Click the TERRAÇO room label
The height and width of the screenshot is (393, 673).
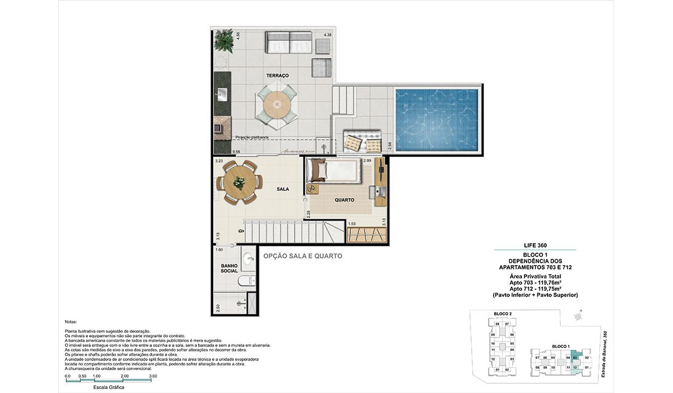(278, 75)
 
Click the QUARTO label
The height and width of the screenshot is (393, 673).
(344, 199)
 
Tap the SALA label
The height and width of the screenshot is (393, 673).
(283, 189)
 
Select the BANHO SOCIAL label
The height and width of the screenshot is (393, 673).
(229, 268)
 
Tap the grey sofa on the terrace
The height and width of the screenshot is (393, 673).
(289, 42)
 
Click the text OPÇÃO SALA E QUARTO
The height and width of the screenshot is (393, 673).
(302, 256)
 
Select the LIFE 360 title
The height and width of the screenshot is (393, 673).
(535, 245)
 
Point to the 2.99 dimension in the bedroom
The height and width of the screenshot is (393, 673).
(368, 161)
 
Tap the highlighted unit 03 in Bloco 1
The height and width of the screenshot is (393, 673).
(575, 358)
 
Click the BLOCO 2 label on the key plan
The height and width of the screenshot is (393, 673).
(503, 313)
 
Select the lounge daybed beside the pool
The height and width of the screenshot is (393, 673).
(362, 141)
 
